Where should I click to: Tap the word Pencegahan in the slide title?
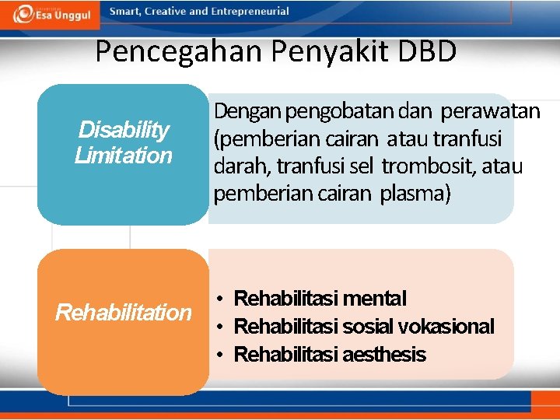[180, 52]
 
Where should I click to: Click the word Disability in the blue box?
[124, 129]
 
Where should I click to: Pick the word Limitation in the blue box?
[124, 156]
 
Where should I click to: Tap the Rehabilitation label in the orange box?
[123, 313]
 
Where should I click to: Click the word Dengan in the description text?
[247, 112]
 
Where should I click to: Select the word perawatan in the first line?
[490, 112]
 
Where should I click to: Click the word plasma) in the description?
[415, 194]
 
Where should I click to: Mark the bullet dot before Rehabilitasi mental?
[222, 299]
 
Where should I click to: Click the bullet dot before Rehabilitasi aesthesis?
[222, 355]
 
